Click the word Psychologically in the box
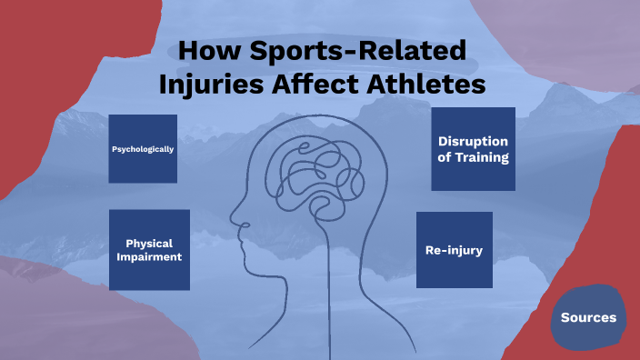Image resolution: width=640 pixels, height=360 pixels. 143,148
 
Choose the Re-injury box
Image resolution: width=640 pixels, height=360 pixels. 454,249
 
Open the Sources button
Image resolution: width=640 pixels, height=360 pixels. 588,317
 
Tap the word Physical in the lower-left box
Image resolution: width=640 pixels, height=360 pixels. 149,243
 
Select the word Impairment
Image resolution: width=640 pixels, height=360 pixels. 149,256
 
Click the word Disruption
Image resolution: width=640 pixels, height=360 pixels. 473,141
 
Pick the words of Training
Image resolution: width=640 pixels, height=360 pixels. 473,157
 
